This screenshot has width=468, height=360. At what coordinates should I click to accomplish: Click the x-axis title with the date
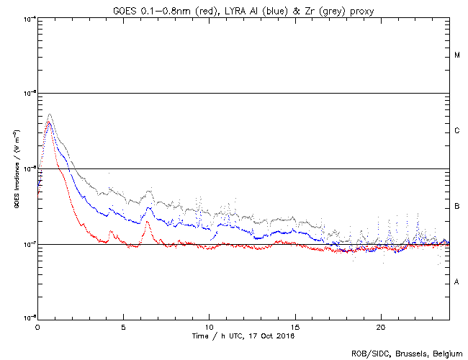pos(243,336)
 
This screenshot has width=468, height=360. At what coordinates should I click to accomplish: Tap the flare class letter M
pos(457,55)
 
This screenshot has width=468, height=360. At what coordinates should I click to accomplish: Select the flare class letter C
pos(457,131)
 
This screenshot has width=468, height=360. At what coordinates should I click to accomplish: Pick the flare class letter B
pos(457,207)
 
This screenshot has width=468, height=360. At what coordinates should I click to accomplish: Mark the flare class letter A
pos(457,282)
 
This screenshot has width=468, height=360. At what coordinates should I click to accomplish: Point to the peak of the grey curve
pos(49,114)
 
